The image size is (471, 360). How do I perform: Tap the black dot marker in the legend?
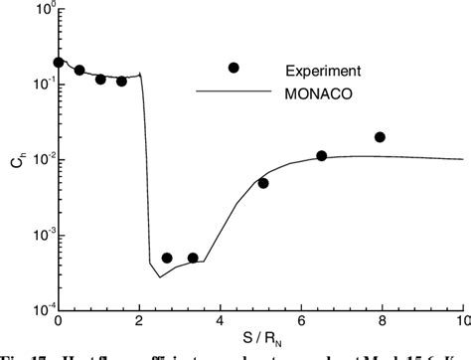[x=234, y=68]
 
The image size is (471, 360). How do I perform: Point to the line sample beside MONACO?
[x=233, y=92]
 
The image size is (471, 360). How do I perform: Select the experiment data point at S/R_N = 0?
[x=59, y=62]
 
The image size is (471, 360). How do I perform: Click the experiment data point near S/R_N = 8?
[x=380, y=137]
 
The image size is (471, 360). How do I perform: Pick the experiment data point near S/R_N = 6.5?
[x=322, y=155]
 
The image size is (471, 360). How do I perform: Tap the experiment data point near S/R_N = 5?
[x=263, y=183]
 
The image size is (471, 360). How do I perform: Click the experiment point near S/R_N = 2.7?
[x=167, y=258]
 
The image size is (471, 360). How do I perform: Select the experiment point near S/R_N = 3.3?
[x=193, y=258]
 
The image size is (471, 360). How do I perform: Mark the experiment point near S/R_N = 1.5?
[x=121, y=81]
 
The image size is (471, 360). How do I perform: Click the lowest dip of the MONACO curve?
[x=160, y=276]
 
